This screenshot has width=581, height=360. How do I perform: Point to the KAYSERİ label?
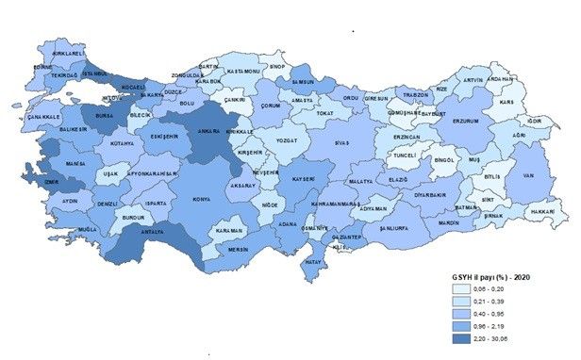coord(303,178)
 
